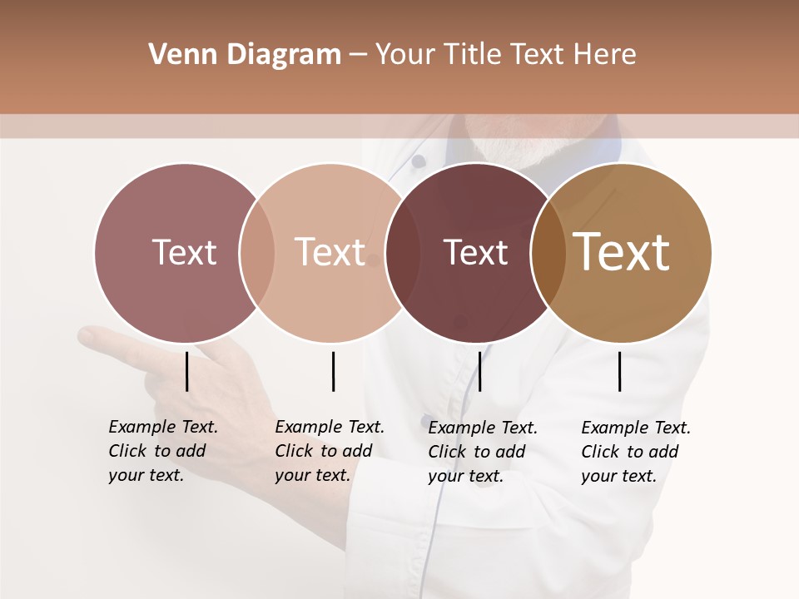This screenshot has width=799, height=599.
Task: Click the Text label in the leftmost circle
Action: (x=184, y=252)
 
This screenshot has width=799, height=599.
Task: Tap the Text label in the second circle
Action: (x=330, y=252)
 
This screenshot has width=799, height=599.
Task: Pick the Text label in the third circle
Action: (x=475, y=252)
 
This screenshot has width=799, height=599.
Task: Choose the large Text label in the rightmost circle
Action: (x=622, y=252)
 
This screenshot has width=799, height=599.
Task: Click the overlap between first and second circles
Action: (x=257, y=253)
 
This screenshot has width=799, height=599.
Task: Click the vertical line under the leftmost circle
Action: (x=187, y=371)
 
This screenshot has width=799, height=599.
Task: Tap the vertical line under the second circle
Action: (x=333, y=371)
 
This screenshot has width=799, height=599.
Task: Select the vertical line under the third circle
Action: (x=479, y=371)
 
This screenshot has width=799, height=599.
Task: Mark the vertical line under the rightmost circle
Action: (x=620, y=371)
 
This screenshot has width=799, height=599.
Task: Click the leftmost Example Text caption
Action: (x=163, y=451)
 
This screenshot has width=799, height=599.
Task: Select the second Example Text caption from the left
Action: (x=330, y=451)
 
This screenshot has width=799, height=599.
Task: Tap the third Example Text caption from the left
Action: (x=483, y=452)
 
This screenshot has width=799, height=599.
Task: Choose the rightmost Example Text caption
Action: (x=636, y=452)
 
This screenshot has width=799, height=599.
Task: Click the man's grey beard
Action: (x=516, y=150)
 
